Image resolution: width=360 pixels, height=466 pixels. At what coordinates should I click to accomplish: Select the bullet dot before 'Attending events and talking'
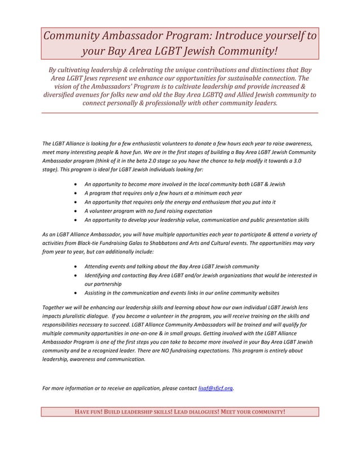click(x=76, y=266)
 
